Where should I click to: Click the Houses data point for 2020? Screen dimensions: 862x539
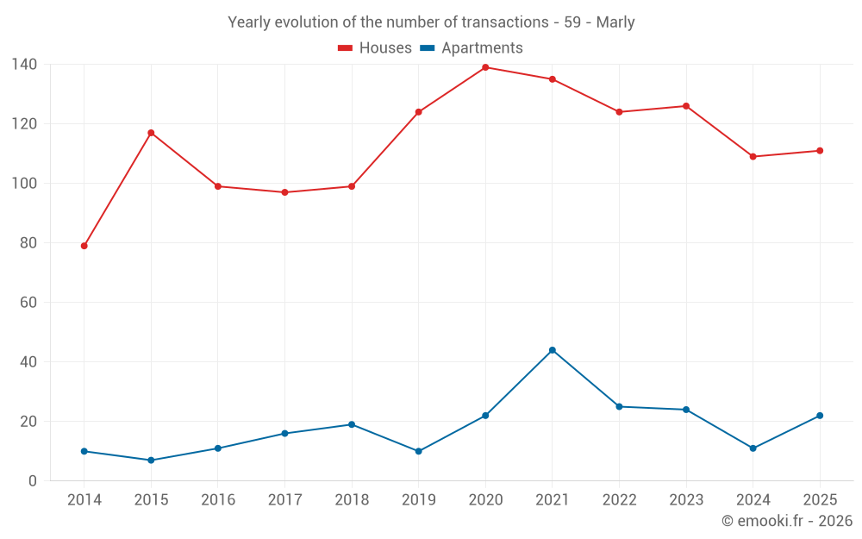485,67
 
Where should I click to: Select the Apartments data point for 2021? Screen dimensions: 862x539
553,350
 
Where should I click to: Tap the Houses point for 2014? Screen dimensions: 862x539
84,246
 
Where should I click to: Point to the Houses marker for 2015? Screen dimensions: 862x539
151,133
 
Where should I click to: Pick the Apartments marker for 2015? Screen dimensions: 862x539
151,461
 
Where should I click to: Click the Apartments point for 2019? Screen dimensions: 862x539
418,452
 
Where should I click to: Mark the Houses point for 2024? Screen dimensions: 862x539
753,157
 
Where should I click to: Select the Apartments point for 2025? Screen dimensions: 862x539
820,416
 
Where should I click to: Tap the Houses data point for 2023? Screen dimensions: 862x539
686,106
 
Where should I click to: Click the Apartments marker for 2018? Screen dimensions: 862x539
352,424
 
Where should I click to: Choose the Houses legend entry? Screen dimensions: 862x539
375,47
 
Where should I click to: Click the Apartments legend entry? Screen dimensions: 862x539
472,47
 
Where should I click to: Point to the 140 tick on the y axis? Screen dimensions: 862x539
24,65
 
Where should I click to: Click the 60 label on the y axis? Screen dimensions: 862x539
28,303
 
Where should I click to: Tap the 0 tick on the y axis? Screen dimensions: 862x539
33,481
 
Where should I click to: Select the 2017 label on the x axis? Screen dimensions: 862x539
284,500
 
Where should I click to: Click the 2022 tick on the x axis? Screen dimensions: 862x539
620,500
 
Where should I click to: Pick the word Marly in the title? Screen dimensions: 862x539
615,22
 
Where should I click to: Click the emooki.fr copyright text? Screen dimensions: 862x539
787,521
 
